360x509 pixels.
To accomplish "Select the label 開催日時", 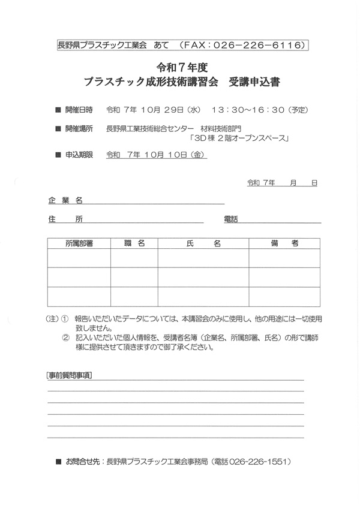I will (79, 110).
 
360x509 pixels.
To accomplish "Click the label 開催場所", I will (79, 128).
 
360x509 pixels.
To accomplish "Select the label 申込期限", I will (79, 155).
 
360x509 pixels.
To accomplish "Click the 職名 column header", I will (134, 243).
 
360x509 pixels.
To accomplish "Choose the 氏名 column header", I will (203, 243).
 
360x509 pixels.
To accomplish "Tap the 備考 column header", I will (284, 243).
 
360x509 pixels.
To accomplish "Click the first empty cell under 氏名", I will (203, 258).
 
